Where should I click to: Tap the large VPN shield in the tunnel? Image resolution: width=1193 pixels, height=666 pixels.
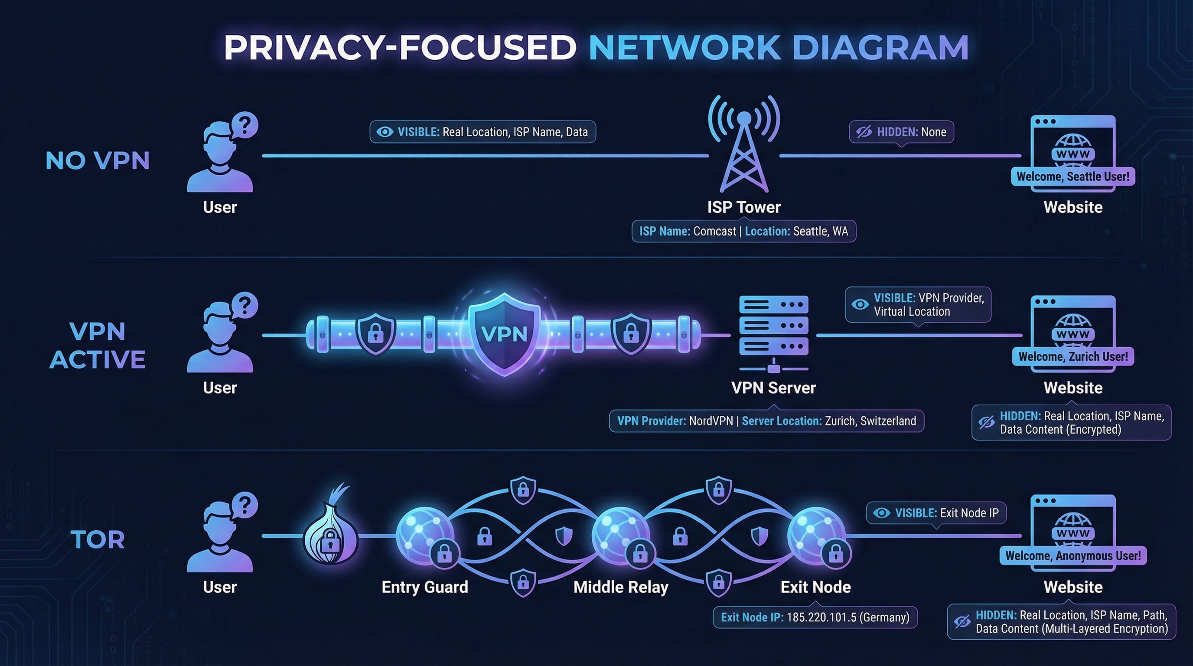(x=504, y=333)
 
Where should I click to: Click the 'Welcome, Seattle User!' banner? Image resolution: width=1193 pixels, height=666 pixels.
(x=1072, y=176)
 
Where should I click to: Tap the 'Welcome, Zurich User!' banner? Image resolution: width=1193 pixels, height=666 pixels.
(x=1072, y=356)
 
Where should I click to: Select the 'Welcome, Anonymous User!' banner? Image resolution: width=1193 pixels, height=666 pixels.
(x=1072, y=556)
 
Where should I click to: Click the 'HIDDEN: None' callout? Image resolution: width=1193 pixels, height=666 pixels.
(x=901, y=132)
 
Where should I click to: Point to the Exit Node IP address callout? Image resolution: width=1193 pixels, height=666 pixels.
(x=815, y=617)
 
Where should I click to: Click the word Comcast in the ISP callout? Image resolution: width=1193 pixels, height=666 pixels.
(x=714, y=231)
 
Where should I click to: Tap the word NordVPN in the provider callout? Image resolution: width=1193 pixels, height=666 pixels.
(x=711, y=421)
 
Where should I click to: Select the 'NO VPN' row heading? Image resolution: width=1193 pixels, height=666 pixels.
(x=98, y=161)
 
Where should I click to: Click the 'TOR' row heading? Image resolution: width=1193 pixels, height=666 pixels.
(x=98, y=539)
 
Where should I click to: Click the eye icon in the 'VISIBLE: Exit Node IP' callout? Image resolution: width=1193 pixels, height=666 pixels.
(x=881, y=513)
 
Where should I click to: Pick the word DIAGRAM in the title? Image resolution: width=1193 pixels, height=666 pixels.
(x=880, y=48)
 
